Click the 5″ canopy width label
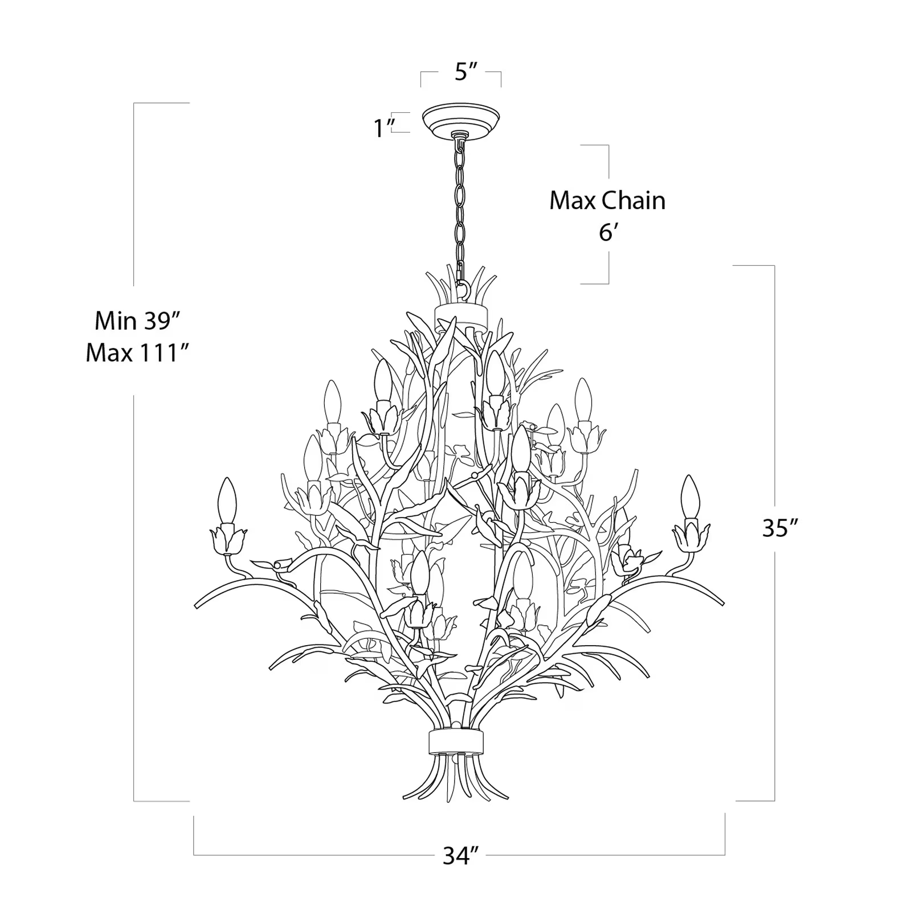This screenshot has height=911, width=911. coord(465,73)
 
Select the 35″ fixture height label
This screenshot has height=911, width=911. coord(778,528)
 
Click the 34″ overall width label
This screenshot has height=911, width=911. coord(460,856)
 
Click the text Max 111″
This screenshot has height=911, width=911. coord(137,354)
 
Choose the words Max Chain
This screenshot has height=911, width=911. coord(607,201)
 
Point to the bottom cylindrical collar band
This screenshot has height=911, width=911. coord(456,742)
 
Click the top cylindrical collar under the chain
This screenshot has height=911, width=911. coord(461,314)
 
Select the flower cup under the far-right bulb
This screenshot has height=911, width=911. coord(691,536)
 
